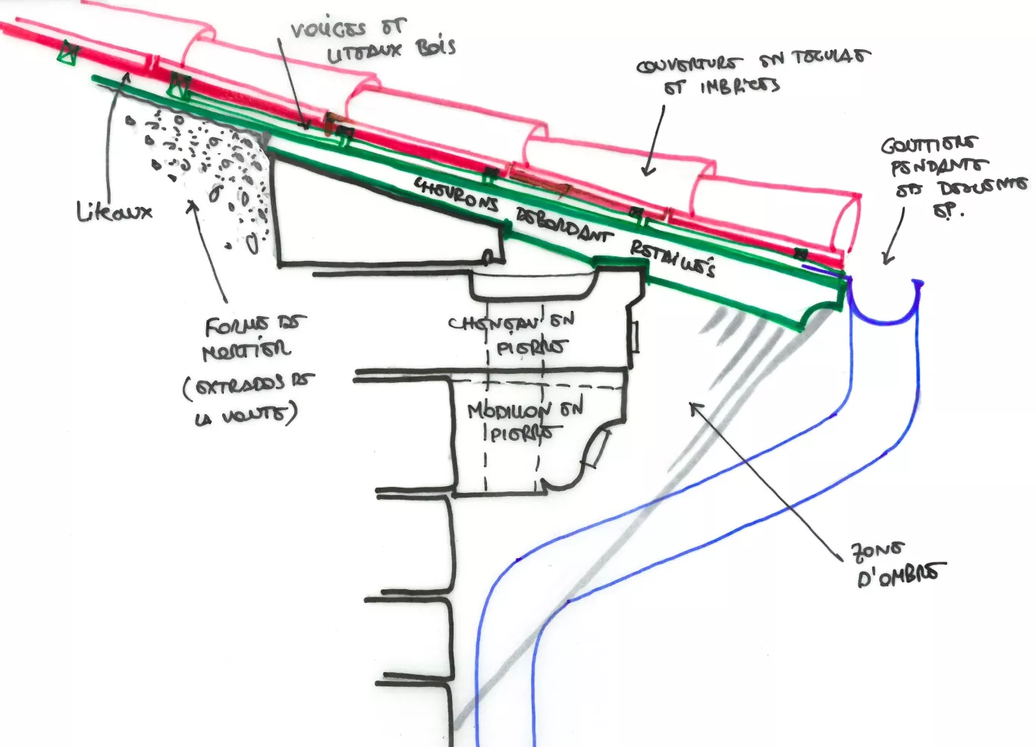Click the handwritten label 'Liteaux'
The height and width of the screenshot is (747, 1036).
point(115,211)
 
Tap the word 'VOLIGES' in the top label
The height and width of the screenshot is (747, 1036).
point(328,30)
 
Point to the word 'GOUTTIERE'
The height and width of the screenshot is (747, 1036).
point(928,145)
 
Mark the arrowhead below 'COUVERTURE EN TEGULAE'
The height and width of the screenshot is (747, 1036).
point(647,171)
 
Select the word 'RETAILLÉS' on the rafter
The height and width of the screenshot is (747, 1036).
point(672,259)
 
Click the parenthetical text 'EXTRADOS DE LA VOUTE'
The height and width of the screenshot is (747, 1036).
point(247,400)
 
